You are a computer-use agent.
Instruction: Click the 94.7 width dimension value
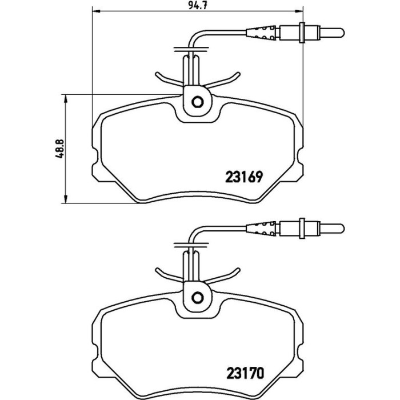[x=197, y=5]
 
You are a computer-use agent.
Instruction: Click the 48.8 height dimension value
[x=59, y=149]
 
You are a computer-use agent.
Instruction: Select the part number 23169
[x=243, y=177]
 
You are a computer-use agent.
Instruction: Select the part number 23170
[x=245, y=374]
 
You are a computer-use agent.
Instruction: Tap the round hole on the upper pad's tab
[x=198, y=102]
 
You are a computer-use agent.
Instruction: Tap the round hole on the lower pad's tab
[x=198, y=298]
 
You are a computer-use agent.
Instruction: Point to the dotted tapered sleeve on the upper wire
[x=261, y=33]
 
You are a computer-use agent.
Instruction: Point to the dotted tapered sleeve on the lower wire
[x=261, y=229]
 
